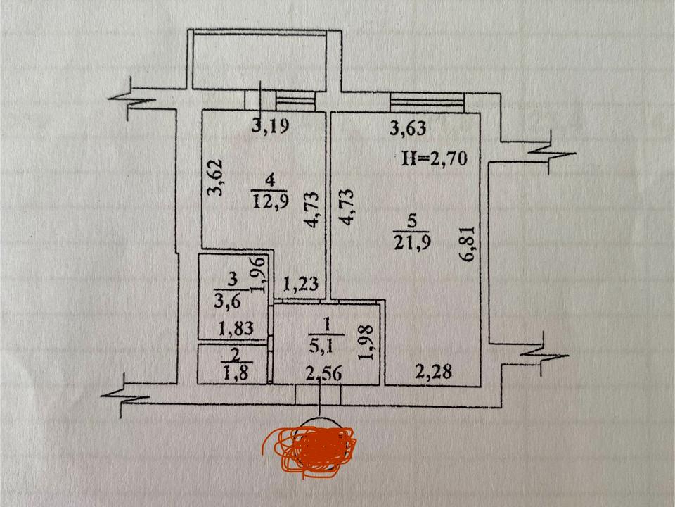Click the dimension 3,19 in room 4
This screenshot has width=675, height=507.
270,126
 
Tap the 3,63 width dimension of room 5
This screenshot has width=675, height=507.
408,128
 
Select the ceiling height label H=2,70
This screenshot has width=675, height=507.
435,158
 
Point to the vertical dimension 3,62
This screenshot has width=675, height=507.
215,177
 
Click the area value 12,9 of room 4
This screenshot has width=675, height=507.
270,201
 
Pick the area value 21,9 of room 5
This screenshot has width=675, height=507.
412,242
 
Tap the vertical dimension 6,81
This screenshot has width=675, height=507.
468,244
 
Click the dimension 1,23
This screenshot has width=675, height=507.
301,284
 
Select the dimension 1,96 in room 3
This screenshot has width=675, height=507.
259,274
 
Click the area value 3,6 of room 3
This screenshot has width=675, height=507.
227,301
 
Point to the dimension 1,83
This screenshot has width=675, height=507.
236,330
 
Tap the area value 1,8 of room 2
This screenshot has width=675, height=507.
236,372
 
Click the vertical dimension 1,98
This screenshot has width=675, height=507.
366,342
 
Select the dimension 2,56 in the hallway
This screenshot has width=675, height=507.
323,374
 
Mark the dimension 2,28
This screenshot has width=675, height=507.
434,371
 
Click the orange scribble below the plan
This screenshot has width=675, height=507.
310,451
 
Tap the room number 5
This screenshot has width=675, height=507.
412,221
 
